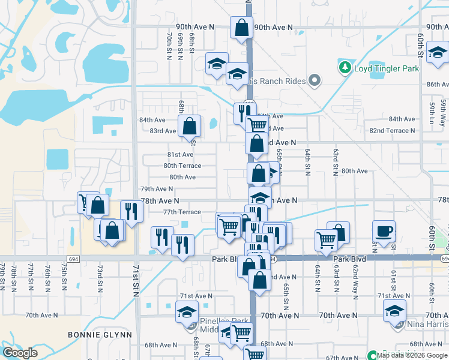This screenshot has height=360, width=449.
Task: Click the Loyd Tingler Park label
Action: click(x=387, y=68)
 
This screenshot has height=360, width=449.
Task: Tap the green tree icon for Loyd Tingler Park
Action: click(x=345, y=68)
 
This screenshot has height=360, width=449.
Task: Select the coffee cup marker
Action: click(x=384, y=231)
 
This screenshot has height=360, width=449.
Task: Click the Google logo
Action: click(x=20, y=353)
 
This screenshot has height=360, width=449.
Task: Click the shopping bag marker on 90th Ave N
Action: click(x=241, y=28)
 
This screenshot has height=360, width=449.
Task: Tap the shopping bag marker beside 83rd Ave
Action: click(x=189, y=126)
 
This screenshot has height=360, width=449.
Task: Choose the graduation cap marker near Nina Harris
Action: click(x=394, y=311)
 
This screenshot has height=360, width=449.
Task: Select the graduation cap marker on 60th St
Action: click(x=438, y=56)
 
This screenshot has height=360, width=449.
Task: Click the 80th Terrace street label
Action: click(x=182, y=166)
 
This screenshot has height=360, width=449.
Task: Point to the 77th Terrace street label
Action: click(x=182, y=212)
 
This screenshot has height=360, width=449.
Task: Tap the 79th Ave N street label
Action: click(x=156, y=189)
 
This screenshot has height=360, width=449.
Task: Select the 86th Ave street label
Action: click(x=438, y=85)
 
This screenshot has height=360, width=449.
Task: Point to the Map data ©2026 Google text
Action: click(x=412, y=355)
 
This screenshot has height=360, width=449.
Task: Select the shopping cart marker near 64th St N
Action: click(x=326, y=240)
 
